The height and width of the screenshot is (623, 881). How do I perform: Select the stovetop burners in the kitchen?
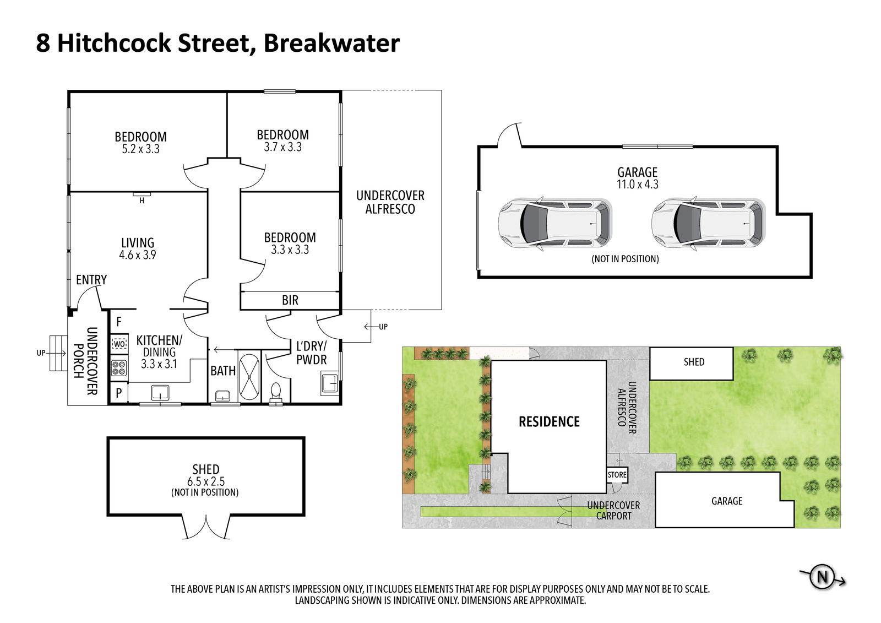coord(119,367)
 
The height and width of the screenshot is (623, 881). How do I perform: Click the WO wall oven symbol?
coord(119,343)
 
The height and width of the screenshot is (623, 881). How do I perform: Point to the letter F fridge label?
coord(119,322)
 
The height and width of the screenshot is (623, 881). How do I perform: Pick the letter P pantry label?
coord(119,393)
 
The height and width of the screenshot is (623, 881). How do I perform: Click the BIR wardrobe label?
coord(290,300)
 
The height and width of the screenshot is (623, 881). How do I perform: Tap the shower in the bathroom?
coord(249,377)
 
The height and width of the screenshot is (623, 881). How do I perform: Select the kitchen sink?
coord(160,392)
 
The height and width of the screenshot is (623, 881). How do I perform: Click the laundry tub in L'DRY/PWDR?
coord(330,384)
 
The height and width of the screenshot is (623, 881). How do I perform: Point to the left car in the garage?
coord(554,224)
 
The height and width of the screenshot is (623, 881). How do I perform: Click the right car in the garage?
coord(708,224)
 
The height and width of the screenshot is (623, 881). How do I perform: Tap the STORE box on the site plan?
coord(617,475)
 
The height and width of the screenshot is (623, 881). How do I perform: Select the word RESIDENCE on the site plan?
coord(549,422)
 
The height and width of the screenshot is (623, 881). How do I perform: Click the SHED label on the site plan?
coord(694,362)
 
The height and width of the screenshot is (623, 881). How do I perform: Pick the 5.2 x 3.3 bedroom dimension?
coord(140,149)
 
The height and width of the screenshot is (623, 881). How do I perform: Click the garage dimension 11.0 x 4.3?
coord(637,184)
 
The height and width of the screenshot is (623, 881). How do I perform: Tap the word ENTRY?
coord(91,280)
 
